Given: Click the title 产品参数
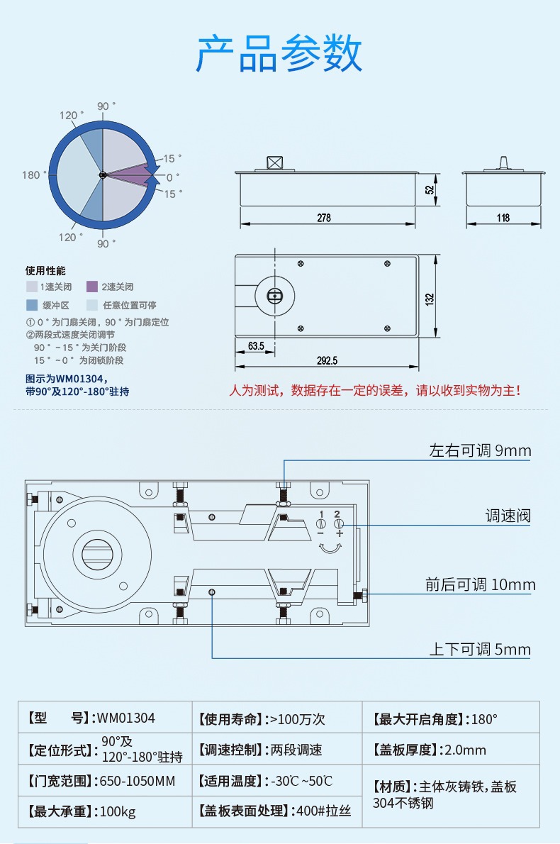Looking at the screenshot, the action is [x=279, y=53].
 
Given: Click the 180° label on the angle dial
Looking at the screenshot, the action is [x=31, y=175].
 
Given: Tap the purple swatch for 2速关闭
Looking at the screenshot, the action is [x=91, y=287].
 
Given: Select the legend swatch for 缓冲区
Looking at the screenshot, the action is [x=32, y=305].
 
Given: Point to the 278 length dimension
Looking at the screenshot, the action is [x=324, y=218].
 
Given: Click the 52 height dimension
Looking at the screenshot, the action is [x=429, y=190].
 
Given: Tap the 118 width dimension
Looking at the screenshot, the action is [x=503, y=218].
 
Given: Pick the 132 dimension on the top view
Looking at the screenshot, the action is [x=429, y=299].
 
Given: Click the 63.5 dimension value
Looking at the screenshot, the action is [x=257, y=346].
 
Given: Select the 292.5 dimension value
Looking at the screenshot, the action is [x=327, y=360].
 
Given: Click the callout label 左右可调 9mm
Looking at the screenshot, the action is [x=480, y=451].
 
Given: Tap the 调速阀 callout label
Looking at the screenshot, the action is [x=508, y=516].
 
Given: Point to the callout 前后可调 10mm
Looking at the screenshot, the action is [x=480, y=584].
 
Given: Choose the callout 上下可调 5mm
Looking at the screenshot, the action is [x=480, y=649].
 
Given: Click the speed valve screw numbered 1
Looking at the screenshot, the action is [x=321, y=524].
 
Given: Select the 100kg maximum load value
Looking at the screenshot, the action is [x=118, y=811].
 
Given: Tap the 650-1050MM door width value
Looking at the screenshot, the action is [x=138, y=781].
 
